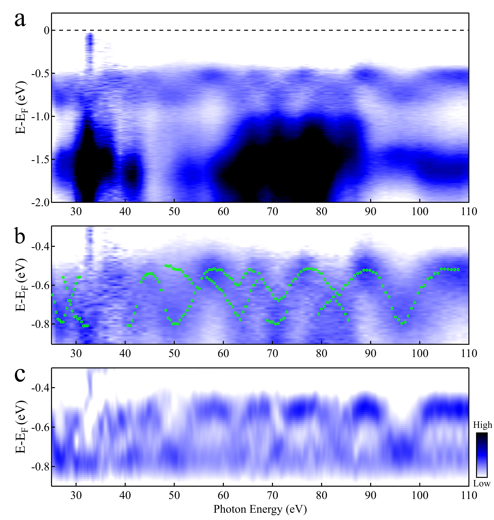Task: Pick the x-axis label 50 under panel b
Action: pyautogui.click(x=174, y=353)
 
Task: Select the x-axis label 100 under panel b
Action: pyautogui.click(x=420, y=353)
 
